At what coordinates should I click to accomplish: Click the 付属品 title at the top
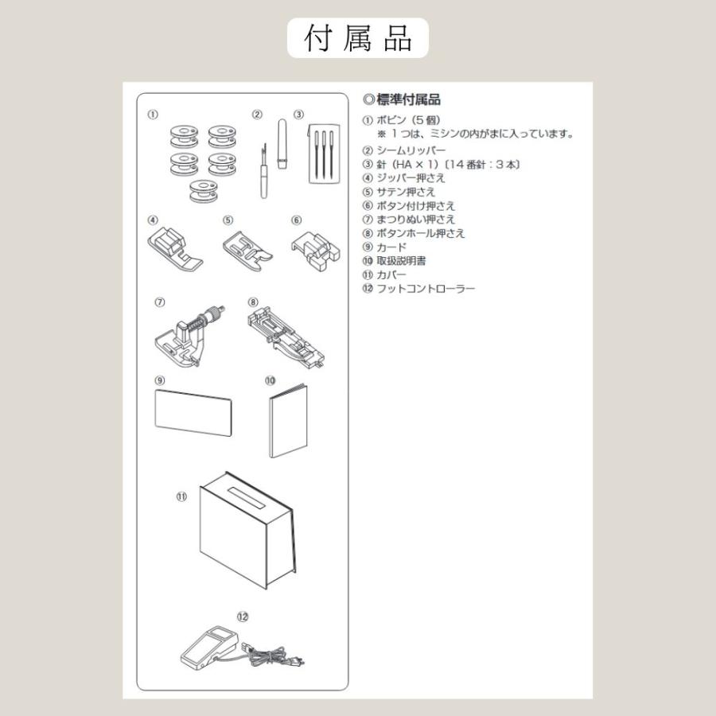(x=358, y=38)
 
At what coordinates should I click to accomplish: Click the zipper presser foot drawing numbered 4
(x=169, y=247)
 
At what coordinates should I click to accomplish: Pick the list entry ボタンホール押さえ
(x=421, y=233)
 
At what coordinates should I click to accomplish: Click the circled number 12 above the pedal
(x=243, y=616)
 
